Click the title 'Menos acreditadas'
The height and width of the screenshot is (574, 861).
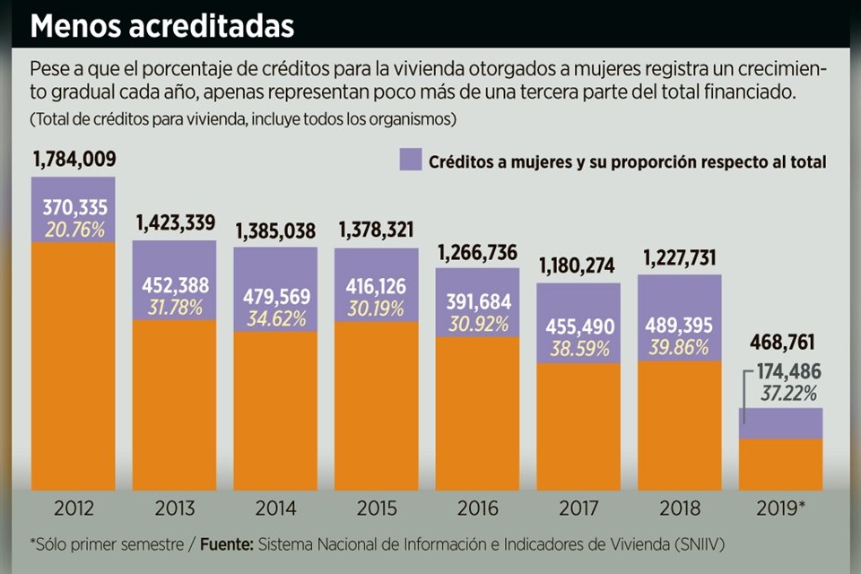(162, 25)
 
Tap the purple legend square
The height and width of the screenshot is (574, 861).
(410, 161)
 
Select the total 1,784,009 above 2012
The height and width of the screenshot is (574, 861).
(74, 160)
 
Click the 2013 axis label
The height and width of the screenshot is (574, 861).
(175, 509)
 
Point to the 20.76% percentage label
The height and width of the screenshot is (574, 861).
(74, 229)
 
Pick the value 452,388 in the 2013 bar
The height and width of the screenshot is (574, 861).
(175, 285)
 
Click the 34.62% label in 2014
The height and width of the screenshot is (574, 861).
(275, 318)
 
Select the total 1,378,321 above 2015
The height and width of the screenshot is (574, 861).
(378, 230)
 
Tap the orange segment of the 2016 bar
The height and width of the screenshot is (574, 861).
(478, 413)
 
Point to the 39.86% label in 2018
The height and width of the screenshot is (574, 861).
(679, 348)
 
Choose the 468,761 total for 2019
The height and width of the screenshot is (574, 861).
(781, 344)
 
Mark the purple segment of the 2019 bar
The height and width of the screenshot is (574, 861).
(781, 423)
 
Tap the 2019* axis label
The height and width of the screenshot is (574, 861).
(781, 509)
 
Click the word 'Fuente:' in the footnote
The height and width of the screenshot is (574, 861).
(228, 544)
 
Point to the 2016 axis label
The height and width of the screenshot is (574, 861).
(478, 509)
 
